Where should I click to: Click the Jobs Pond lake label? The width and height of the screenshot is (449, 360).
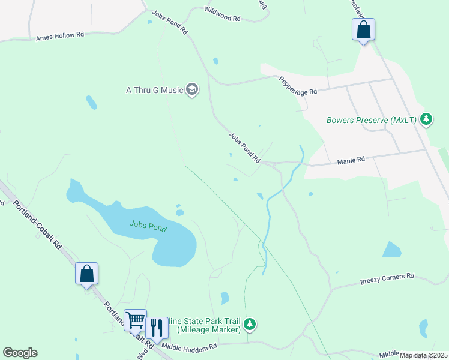click(x=148, y=227)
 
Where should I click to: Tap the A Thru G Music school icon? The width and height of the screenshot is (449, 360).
click(x=192, y=90)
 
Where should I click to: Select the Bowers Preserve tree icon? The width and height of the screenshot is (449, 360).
click(x=426, y=119)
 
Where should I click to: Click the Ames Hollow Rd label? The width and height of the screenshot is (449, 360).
click(x=60, y=35)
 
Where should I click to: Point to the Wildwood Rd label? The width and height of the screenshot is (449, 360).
click(x=222, y=19)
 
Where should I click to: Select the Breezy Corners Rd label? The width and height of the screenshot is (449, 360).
click(x=387, y=277)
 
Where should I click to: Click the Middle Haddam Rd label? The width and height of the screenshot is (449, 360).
click(x=189, y=347)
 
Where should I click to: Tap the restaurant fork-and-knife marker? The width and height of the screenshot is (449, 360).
click(x=157, y=328)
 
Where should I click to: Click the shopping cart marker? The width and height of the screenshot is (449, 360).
click(x=135, y=320)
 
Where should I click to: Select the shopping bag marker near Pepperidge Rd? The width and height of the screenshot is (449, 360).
click(x=363, y=29)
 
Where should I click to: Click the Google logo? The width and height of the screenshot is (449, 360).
click(x=20, y=353)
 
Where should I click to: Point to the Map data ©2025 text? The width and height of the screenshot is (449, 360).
click(x=423, y=355)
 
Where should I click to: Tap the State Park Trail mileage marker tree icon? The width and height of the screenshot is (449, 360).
click(x=250, y=325)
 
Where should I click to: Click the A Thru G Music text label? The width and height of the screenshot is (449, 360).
click(x=154, y=90)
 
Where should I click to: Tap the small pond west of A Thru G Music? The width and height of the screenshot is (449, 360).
click(x=91, y=102)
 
